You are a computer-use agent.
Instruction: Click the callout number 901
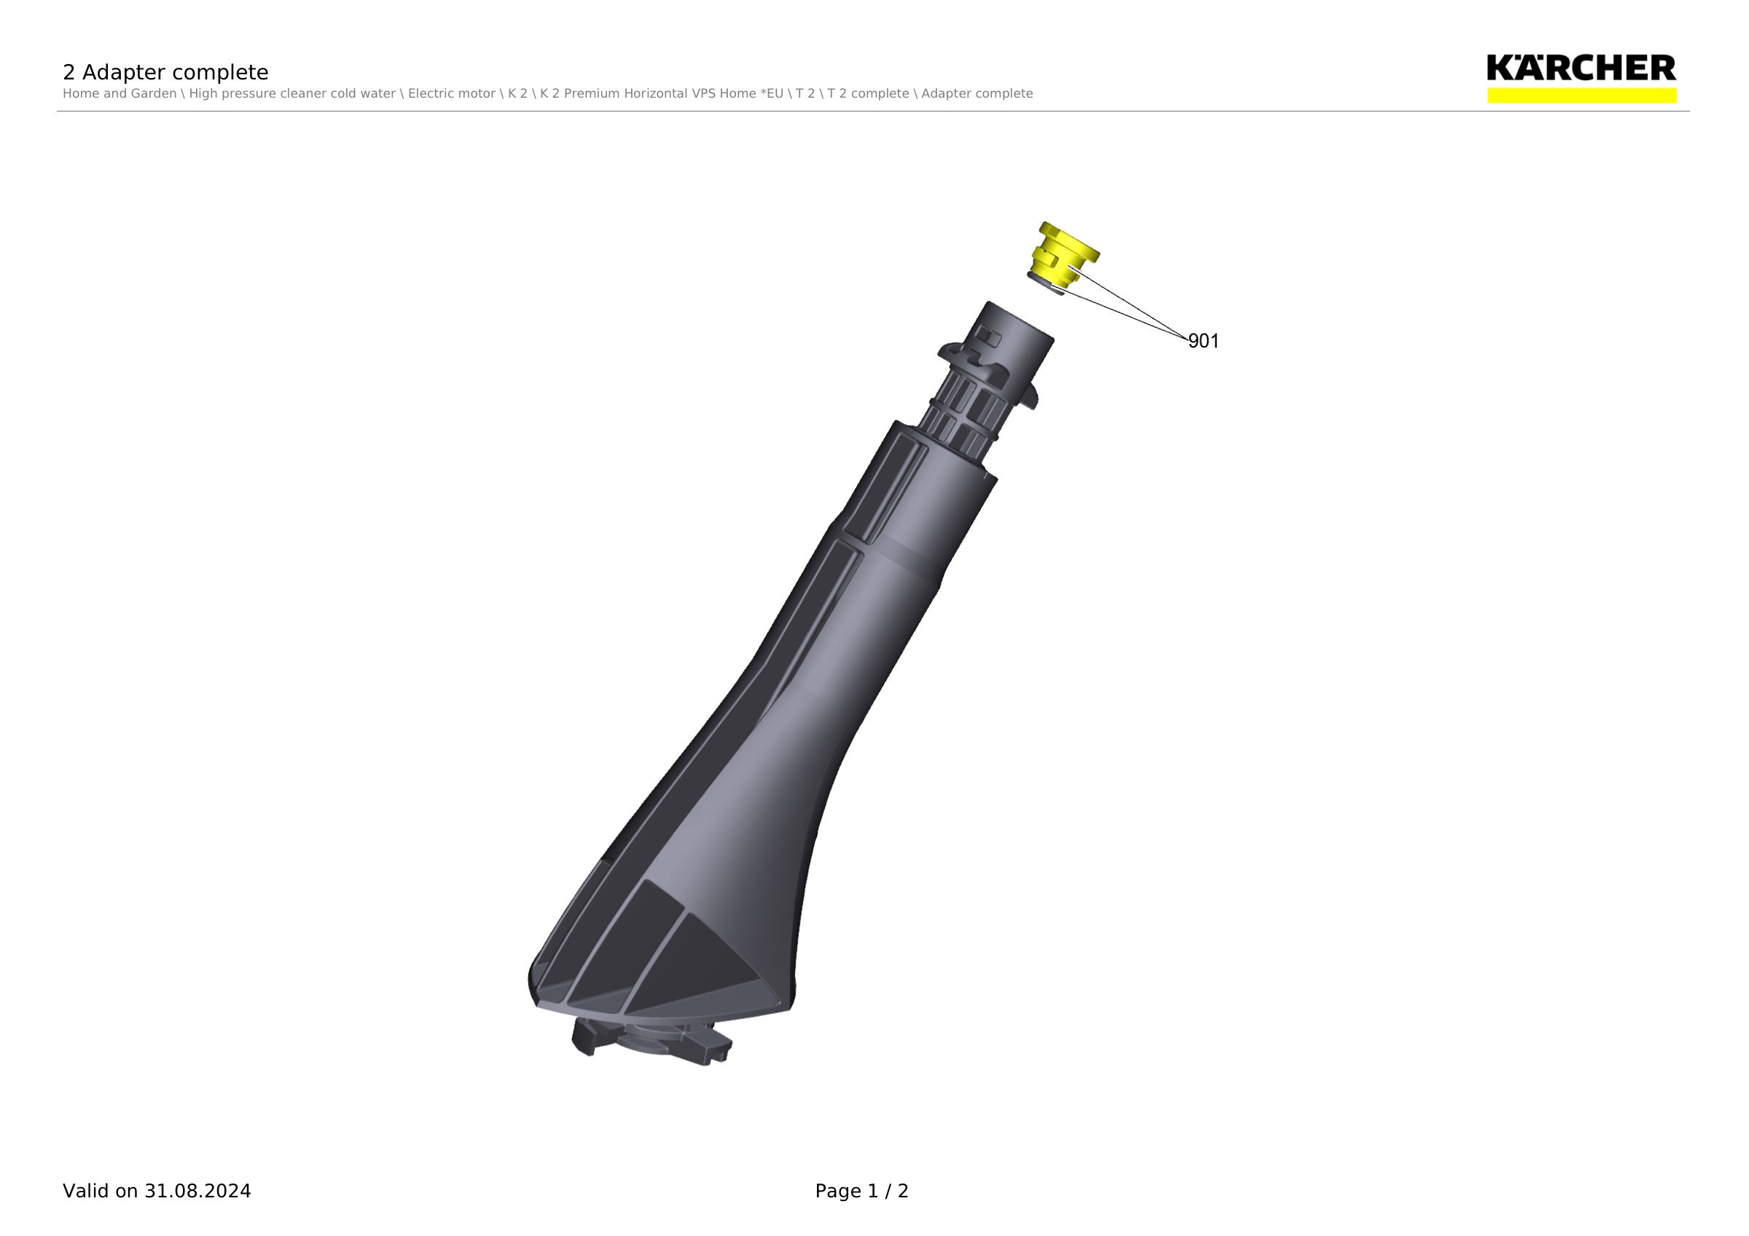pyautogui.click(x=1204, y=341)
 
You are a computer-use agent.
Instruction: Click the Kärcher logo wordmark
pyautogui.click(x=1581, y=68)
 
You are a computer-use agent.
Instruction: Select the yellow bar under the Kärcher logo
pyautogui.click(x=1581, y=95)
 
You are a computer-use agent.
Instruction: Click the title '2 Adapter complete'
pyautogui.click(x=165, y=72)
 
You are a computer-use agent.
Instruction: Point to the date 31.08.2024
pyautogui.click(x=197, y=1191)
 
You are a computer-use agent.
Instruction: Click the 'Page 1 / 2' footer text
pyautogui.click(x=861, y=1191)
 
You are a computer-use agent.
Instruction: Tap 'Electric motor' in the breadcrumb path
pyautogui.click(x=452, y=94)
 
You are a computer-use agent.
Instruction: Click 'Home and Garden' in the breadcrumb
pyautogui.click(x=120, y=94)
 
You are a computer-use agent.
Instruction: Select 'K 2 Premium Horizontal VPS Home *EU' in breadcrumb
pyautogui.click(x=662, y=94)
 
